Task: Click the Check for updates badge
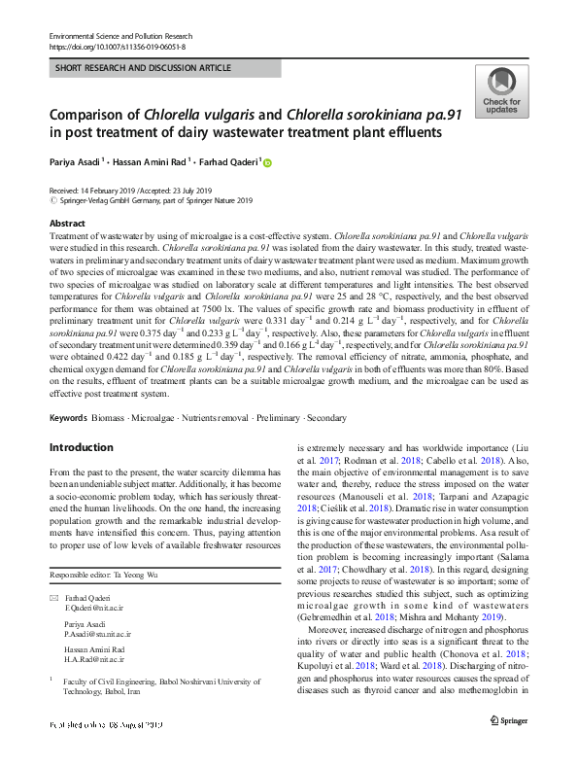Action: [500, 92]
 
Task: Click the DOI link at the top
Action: [117, 47]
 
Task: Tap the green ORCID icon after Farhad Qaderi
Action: [268, 163]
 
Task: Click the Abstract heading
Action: [67, 224]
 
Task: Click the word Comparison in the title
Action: [95, 114]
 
